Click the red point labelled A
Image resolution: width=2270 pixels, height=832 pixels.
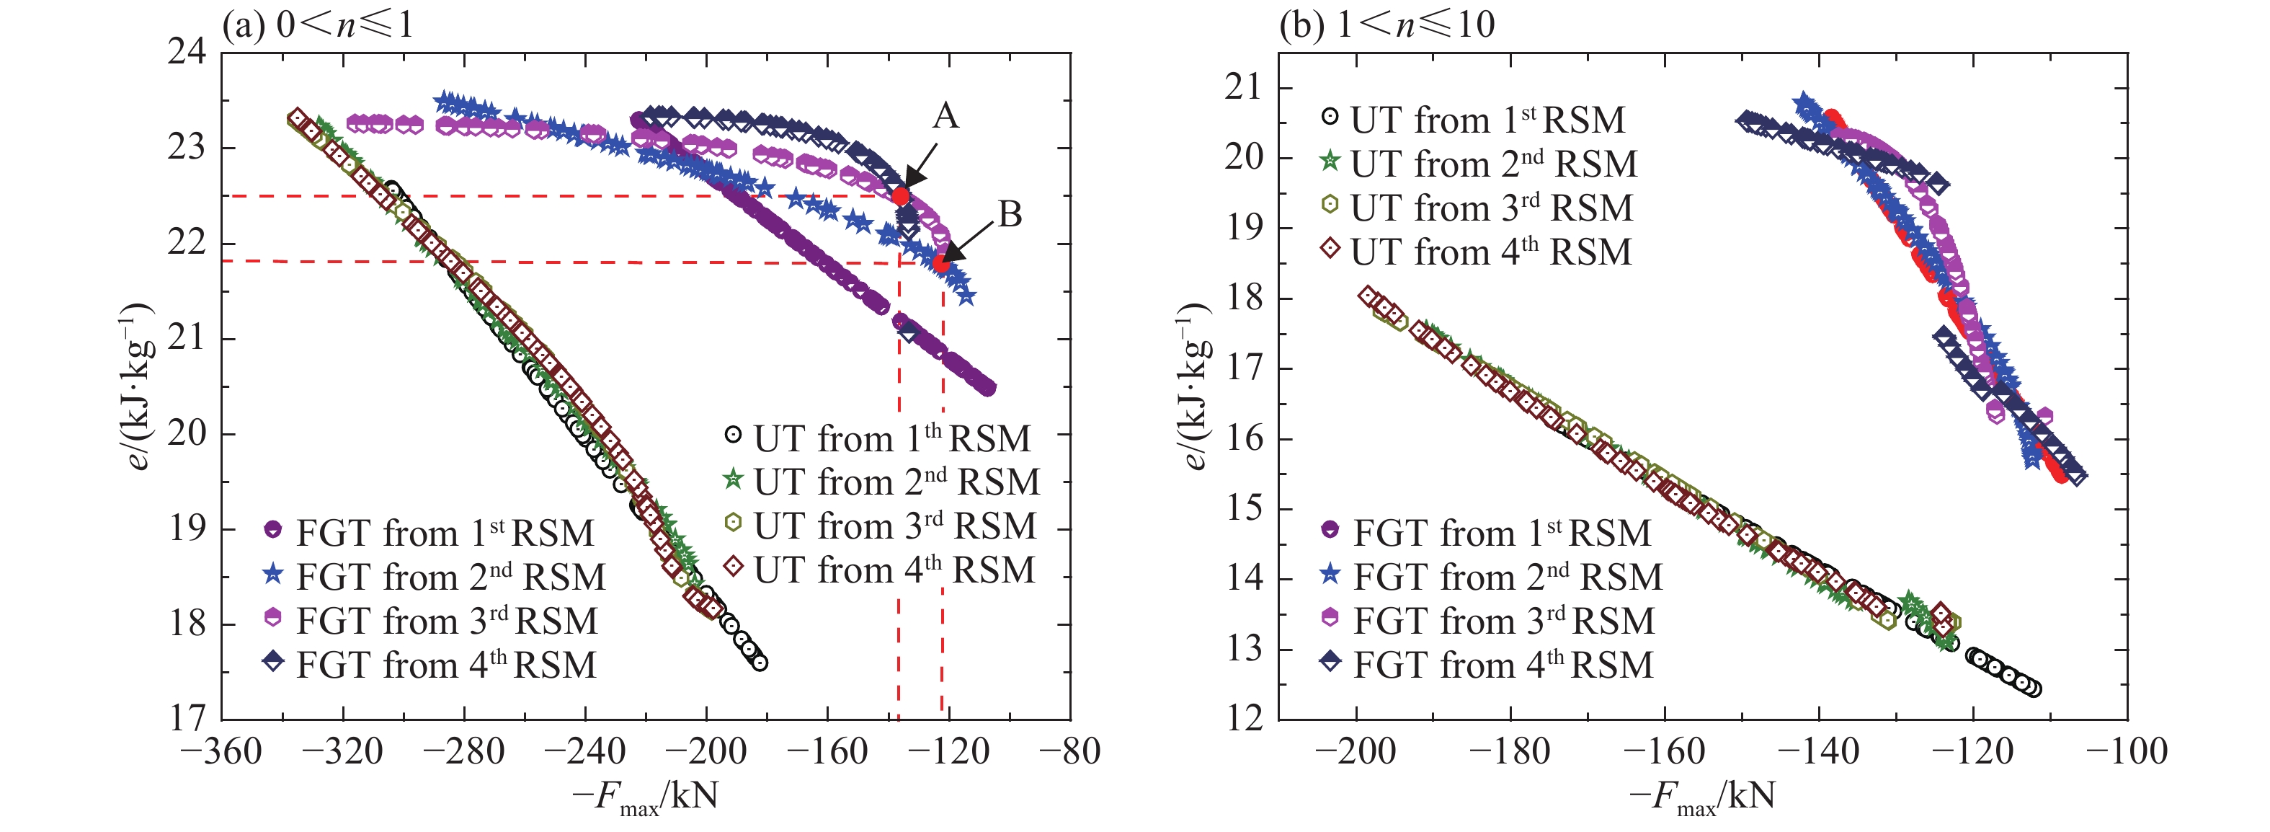tap(900, 195)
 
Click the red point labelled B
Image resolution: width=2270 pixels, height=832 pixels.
tap(942, 262)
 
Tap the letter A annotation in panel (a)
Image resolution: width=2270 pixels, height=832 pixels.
tap(945, 116)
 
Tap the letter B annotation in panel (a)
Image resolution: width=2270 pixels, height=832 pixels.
tap(1010, 214)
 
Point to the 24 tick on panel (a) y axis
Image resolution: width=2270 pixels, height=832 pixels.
tap(186, 52)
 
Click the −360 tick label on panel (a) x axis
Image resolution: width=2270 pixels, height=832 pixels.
tap(221, 752)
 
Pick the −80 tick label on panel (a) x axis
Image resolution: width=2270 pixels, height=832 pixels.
tap(1070, 752)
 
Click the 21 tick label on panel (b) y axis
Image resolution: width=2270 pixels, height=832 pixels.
tap(1242, 87)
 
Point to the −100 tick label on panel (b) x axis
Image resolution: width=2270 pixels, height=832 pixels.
tap(2127, 752)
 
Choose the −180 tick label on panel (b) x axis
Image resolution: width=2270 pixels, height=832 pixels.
tap(1510, 752)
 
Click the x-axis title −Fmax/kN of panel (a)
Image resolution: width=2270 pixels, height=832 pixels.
tap(645, 797)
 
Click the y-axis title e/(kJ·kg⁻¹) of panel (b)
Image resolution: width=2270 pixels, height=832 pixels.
tap(1192, 385)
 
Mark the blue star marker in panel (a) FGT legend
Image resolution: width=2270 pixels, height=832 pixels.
tap(273, 574)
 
